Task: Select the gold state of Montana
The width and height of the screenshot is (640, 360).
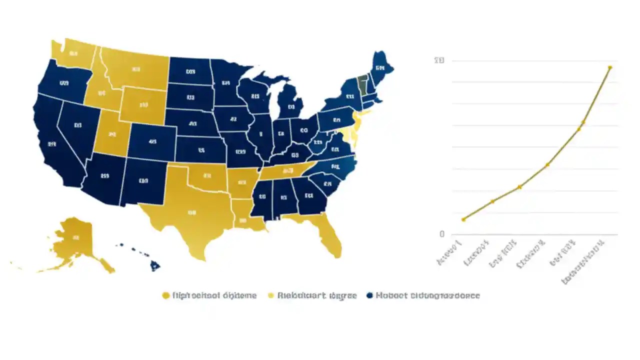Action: pyautogui.click(x=135, y=70)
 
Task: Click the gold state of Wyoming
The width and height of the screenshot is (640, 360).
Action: pyautogui.click(x=143, y=105)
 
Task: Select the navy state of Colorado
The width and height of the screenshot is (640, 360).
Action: pyautogui.click(x=152, y=142)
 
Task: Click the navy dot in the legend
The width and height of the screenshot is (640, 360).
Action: pyautogui.click(x=370, y=295)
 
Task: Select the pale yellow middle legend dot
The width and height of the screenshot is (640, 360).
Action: pyautogui.click(x=272, y=295)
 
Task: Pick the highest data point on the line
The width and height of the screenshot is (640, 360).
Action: pyautogui.click(x=610, y=67)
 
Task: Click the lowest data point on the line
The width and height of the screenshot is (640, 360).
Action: pyautogui.click(x=463, y=219)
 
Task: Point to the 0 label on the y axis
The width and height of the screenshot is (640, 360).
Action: pyautogui.click(x=441, y=234)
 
